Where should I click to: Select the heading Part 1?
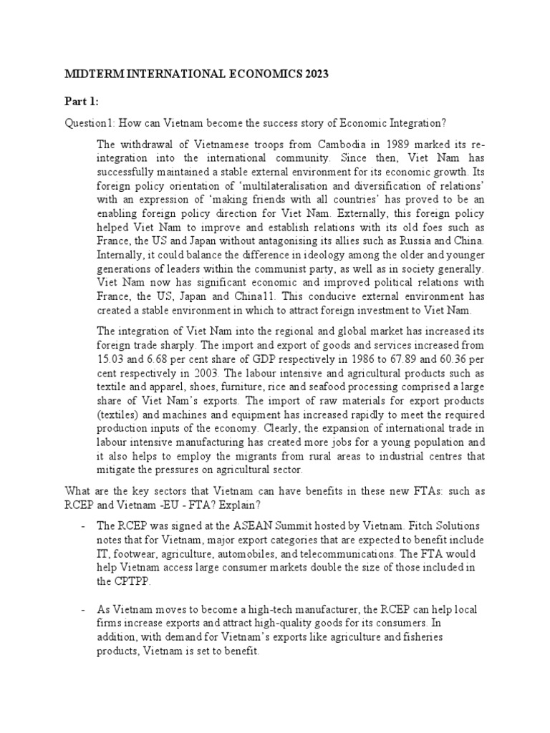coord(82,100)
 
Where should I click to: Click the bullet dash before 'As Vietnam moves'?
coord(85,609)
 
